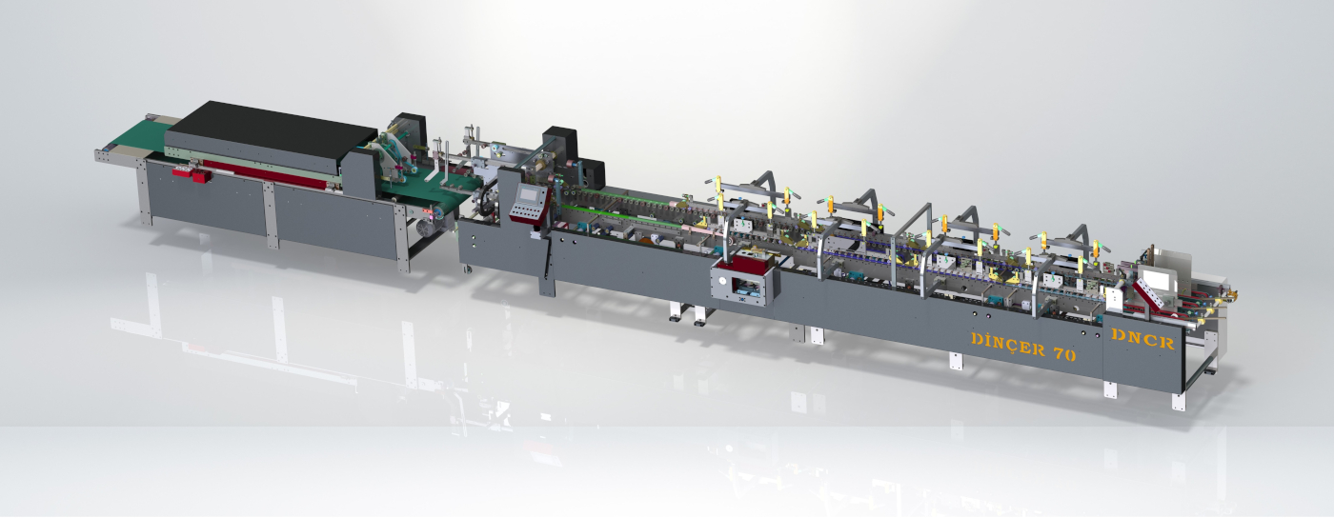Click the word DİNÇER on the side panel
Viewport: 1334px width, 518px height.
[1008, 344]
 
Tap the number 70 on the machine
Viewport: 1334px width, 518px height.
[1065, 354]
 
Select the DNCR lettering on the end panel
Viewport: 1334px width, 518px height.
[1142, 339]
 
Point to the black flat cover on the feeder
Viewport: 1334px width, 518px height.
[271, 131]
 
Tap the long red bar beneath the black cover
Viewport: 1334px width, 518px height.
[274, 175]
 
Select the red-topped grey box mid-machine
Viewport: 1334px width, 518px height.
[745, 281]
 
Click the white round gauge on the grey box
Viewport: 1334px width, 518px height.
[722, 281]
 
